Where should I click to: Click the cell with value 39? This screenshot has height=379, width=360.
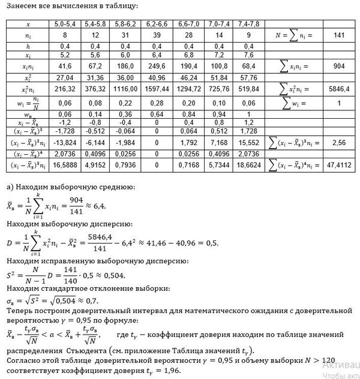151,35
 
